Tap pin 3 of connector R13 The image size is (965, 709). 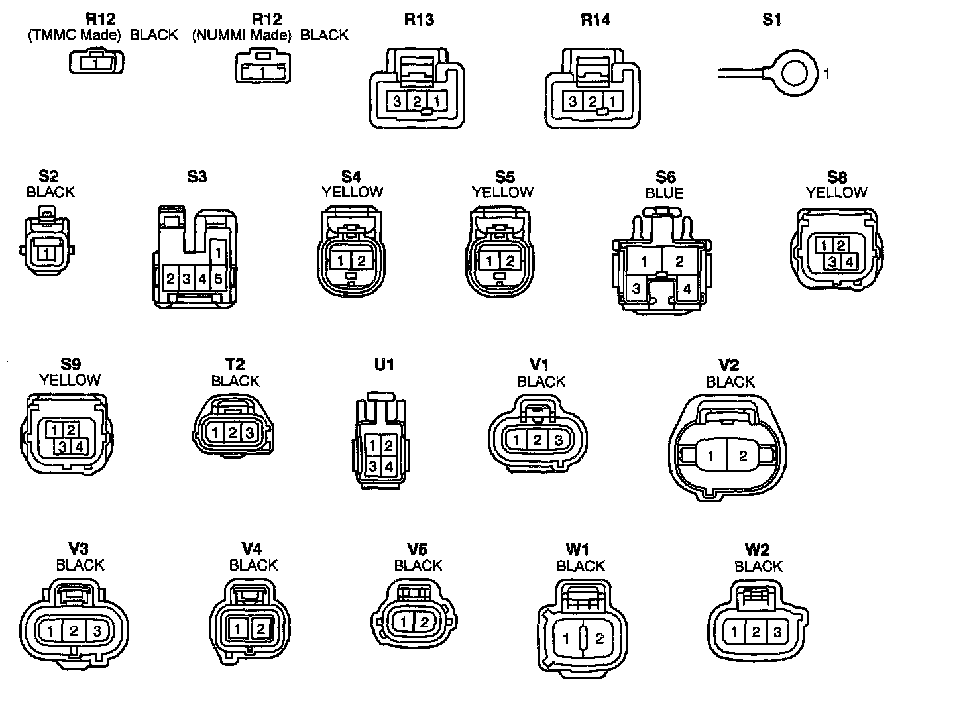(396, 101)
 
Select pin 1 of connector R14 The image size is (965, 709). (614, 101)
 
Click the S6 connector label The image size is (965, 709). (665, 177)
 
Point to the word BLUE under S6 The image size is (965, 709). (664, 193)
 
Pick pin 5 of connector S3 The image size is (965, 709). (218, 279)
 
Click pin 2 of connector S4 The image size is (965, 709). (361, 261)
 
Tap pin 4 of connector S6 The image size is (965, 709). (687, 289)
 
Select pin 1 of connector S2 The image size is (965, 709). (46, 254)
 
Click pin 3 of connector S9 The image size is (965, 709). (62, 447)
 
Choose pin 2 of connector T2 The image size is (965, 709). (233, 433)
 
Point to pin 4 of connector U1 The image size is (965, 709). (388, 467)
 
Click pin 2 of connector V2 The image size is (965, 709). (743, 456)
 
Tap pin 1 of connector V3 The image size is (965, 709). (51, 631)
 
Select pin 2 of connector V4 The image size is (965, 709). (260, 628)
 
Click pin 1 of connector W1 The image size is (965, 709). (566, 639)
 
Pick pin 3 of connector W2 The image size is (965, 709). (777, 632)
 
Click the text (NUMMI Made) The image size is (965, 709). (241, 35)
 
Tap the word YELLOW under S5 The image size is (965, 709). (502, 192)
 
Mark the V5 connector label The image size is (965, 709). (418, 549)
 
